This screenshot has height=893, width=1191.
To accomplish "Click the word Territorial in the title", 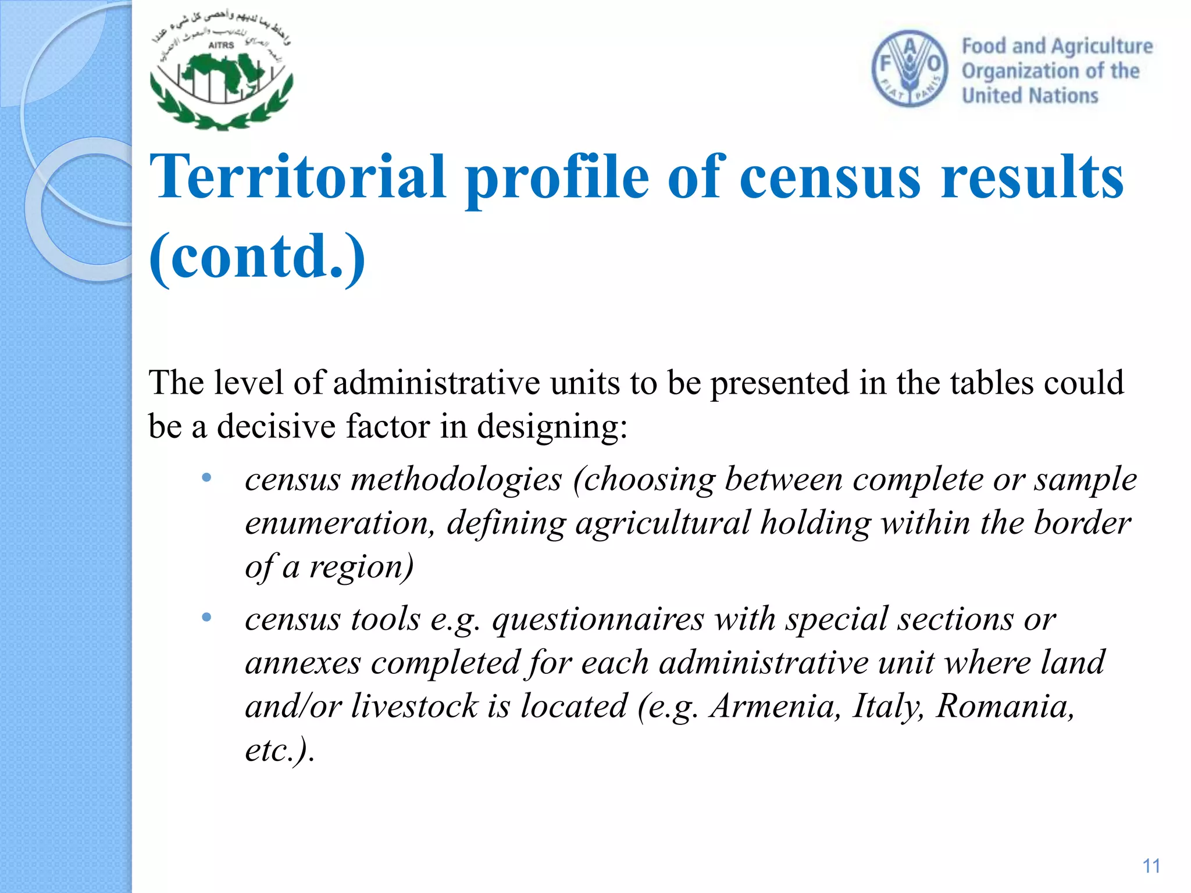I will tap(298, 177).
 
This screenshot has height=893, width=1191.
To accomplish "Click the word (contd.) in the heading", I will tap(257, 256).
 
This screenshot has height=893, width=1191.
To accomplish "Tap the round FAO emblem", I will tap(910, 69).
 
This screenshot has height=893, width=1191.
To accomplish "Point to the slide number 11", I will tap(1151, 866).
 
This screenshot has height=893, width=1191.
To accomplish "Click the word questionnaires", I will tap(598, 619).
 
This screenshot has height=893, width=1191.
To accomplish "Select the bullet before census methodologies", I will tap(206, 478).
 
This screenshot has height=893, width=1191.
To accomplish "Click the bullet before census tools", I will tap(206, 617).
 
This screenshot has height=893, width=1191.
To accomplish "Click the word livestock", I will tap(414, 706).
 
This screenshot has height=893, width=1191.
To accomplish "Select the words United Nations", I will tap(1030, 95).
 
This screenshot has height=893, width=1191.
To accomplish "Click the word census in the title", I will tap(830, 177).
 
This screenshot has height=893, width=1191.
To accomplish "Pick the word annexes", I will tap(302, 663).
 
